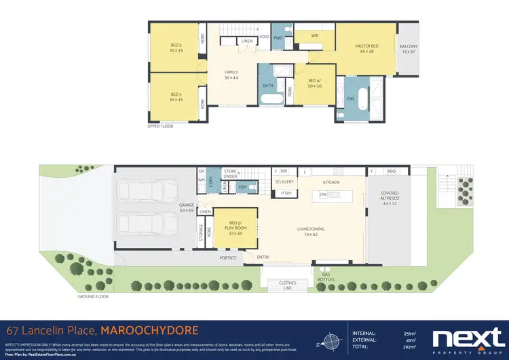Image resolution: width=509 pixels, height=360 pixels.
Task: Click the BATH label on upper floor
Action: (x=269, y=86)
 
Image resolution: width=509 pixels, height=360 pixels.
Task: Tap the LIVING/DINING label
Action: (x=309, y=232)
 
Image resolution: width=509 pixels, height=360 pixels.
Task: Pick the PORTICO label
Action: (x=227, y=258)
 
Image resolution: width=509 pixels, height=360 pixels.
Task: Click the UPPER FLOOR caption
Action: (x=161, y=126)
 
